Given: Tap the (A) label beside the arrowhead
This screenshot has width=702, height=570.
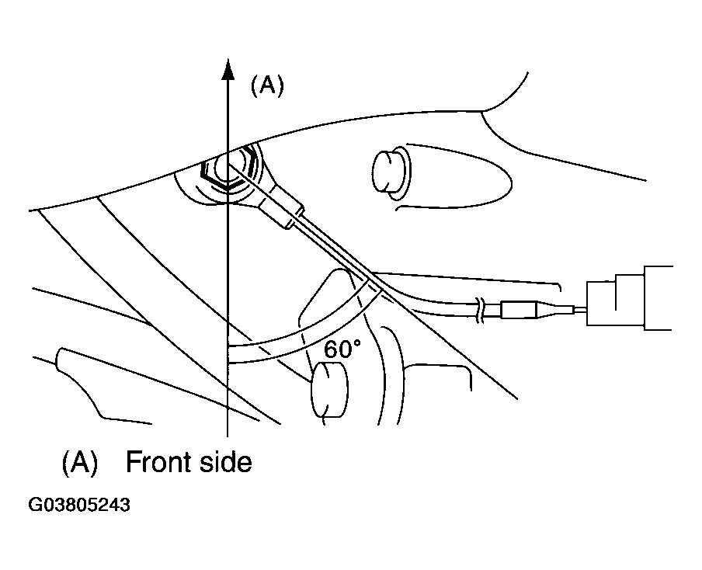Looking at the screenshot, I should (267, 85).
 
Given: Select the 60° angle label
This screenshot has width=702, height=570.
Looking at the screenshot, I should (342, 350).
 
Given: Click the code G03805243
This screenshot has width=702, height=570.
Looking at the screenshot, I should (79, 506).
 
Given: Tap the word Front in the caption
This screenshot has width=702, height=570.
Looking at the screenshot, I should (158, 462).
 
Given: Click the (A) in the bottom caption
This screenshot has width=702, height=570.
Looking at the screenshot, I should (79, 462).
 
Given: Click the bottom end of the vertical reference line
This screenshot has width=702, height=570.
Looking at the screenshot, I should (228, 433).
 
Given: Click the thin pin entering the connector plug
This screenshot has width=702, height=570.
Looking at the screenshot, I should (579, 310).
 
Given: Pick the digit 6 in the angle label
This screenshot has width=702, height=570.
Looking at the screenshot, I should (332, 350).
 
